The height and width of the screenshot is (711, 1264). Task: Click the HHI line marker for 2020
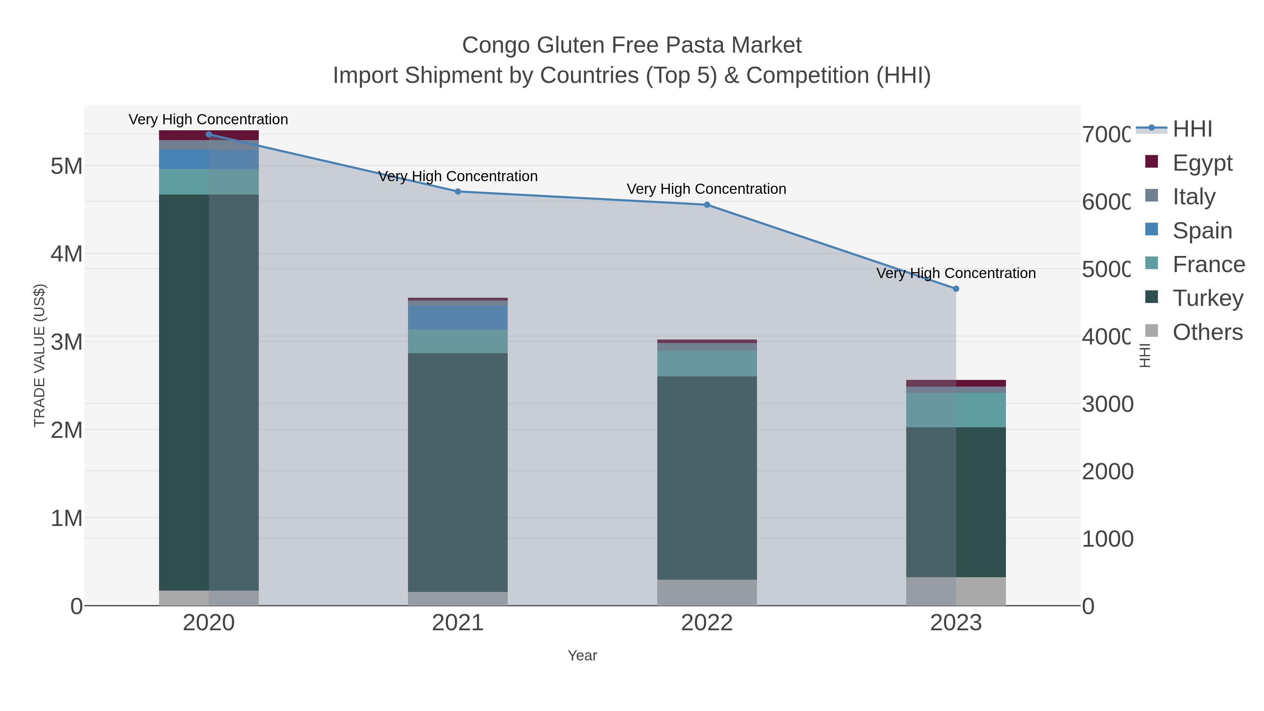point(209,134)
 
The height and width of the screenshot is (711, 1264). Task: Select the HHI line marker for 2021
point(458,192)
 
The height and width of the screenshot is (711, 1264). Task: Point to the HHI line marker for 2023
point(956,289)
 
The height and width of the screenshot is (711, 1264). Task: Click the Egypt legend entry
point(1202,163)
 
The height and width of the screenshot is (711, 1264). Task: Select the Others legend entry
point(1207,332)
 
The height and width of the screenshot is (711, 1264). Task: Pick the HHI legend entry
point(1192,129)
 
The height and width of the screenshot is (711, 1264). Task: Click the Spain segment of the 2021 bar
point(458,317)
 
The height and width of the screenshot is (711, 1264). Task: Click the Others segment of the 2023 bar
point(956,591)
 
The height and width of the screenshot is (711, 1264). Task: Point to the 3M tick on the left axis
point(67,342)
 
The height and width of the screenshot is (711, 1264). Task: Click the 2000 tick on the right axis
point(1107,472)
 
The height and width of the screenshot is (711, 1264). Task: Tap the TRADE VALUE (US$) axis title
point(39,355)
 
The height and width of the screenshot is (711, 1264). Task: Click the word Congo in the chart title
point(495,45)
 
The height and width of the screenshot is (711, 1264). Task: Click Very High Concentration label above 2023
point(956,273)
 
